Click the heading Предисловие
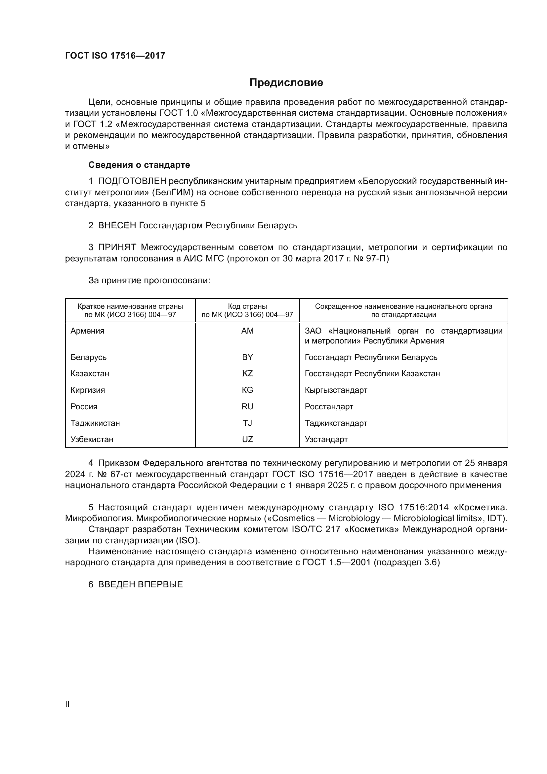coord(286,83)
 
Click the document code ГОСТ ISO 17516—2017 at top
coord(115,56)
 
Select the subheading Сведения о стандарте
coord(139,165)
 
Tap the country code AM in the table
coord(247,331)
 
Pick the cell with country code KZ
coord(247,374)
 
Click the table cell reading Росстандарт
coord(329,407)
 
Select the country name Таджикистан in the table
coord(95,423)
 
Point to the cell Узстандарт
coord(326,439)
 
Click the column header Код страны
coord(247,306)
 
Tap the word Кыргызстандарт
coord(336,390)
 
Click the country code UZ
coord(247,439)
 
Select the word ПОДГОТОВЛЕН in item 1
coord(132,181)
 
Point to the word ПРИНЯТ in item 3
coord(117,248)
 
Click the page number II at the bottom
coord(67,704)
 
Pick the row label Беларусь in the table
coord(88,357)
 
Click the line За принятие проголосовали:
coord(149,281)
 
